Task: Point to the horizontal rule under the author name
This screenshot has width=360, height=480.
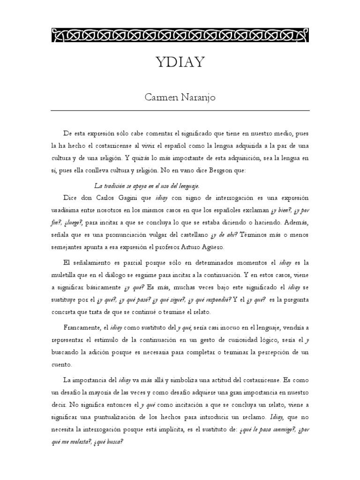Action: pyautogui.click(x=180, y=111)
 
